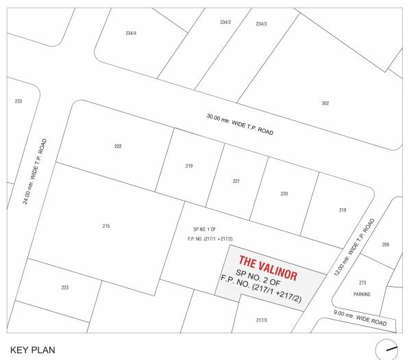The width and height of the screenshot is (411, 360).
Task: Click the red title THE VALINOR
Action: coord(268,268)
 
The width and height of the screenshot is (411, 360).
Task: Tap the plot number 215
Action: coord(106,226)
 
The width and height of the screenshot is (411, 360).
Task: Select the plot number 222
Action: coord(118,146)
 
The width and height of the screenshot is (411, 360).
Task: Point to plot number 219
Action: coord(189,166)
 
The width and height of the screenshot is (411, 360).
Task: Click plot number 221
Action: coord(236,181)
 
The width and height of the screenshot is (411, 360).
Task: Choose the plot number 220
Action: coord(284,194)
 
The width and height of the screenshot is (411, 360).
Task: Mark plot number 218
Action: coord(342,210)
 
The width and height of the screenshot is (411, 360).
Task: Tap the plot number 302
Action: coord(325,103)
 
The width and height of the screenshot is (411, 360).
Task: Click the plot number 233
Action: coord(18,101)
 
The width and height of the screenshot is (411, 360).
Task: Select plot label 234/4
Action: coord(132,34)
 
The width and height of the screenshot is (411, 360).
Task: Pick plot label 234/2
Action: coord(225,23)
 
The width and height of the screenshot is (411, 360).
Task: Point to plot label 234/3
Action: coord(261,24)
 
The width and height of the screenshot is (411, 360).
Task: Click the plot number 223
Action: coord(64,287)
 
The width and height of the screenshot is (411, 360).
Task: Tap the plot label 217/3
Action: coord(262,320)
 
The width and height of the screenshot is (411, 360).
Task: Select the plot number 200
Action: coord(386,244)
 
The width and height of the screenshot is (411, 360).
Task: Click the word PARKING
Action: coord(362,294)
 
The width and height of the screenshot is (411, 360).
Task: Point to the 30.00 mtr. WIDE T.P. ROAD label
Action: coord(240,125)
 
